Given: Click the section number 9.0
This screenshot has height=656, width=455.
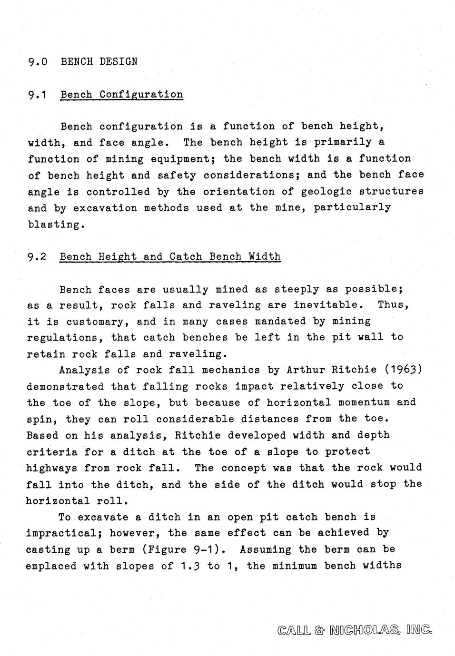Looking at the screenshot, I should pos(38,61).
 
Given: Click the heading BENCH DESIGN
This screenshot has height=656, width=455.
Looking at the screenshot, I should pos(99,61).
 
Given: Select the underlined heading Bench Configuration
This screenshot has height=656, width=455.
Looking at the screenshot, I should pos(121,94).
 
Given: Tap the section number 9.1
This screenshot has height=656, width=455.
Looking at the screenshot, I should pos(36,95).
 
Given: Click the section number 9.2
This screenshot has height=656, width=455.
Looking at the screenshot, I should pos(37,257).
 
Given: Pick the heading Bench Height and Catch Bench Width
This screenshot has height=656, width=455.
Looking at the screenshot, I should pos(170,257).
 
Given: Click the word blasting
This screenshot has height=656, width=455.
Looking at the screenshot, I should pos(55,225).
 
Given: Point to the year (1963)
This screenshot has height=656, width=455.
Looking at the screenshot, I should pos(403,370).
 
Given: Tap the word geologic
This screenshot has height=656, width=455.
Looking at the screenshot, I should pos(324,192).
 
